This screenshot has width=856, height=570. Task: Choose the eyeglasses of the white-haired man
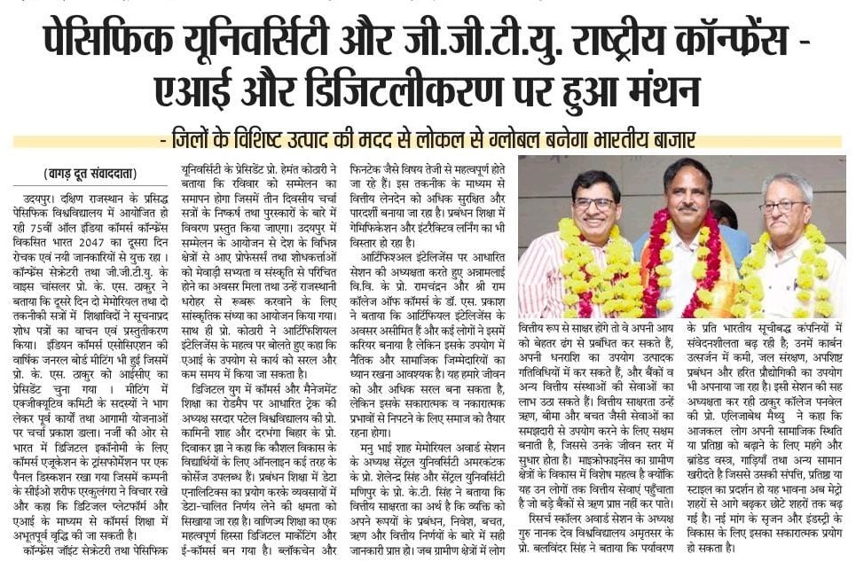[784, 206]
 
